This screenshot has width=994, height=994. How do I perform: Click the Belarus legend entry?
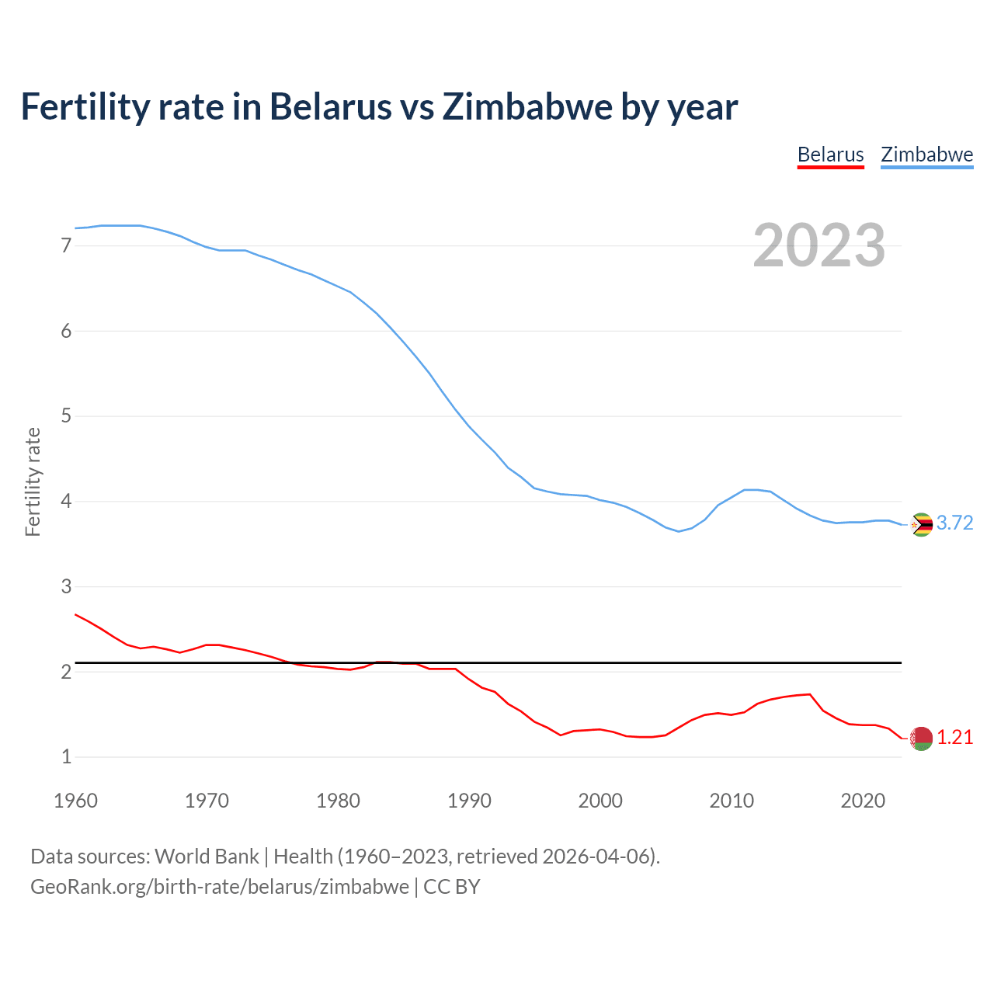(x=830, y=155)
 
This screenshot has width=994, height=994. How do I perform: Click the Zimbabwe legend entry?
(x=926, y=155)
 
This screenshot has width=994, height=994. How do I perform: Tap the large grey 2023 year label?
(x=818, y=245)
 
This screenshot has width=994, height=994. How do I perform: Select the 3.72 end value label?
(x=954, y=523)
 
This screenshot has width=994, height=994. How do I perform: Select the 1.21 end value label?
(x=954, y=738)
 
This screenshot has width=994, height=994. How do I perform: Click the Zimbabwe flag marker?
(x=921, y=525)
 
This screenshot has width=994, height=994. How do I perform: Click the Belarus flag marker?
(x=921, y=739)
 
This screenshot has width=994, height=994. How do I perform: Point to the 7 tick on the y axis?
(x=66, y=246)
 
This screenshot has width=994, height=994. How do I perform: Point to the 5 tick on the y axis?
(x=66, y=416)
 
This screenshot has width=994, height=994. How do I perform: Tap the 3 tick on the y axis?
(x=66, y=587)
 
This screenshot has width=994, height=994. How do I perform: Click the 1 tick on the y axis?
(x=66, y=757)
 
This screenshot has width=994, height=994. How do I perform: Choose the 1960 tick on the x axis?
(x=75, y=801)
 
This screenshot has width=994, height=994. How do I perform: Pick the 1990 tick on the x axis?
(x=469, y=801)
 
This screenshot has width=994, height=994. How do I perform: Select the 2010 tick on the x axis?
(x=732, y=801)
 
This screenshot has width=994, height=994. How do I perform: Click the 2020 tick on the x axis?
(x=863, y=801)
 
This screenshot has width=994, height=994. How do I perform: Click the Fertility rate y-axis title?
(x=33, y=481)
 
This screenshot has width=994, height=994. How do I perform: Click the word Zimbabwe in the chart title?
(x=527, y=106)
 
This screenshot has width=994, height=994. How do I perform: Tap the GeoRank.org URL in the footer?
(x=219, y=887)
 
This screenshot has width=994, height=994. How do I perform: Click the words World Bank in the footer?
(x=207, y=857)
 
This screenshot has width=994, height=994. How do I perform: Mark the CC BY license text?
(x=452, y=887)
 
